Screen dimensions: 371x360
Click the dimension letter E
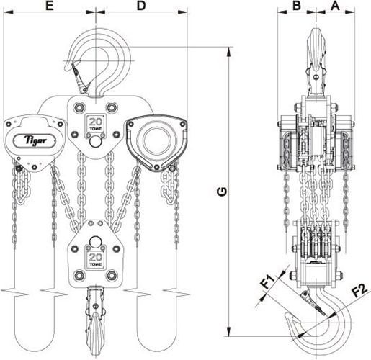pyautogui.click(x=50, y=6)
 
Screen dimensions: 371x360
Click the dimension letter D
pyautogui.click(x=141, y=6)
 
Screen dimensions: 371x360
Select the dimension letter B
pyautogui.click(x=297, y=6)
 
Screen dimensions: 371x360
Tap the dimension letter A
pyautogui.click(x=336, y=6)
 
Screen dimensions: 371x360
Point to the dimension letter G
pyautogui.click(x=222, y=192)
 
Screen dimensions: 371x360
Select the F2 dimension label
pyautogui.click(x=360, y=290)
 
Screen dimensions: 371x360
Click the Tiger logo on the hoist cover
pyautogui.click(x=35, y=140)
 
